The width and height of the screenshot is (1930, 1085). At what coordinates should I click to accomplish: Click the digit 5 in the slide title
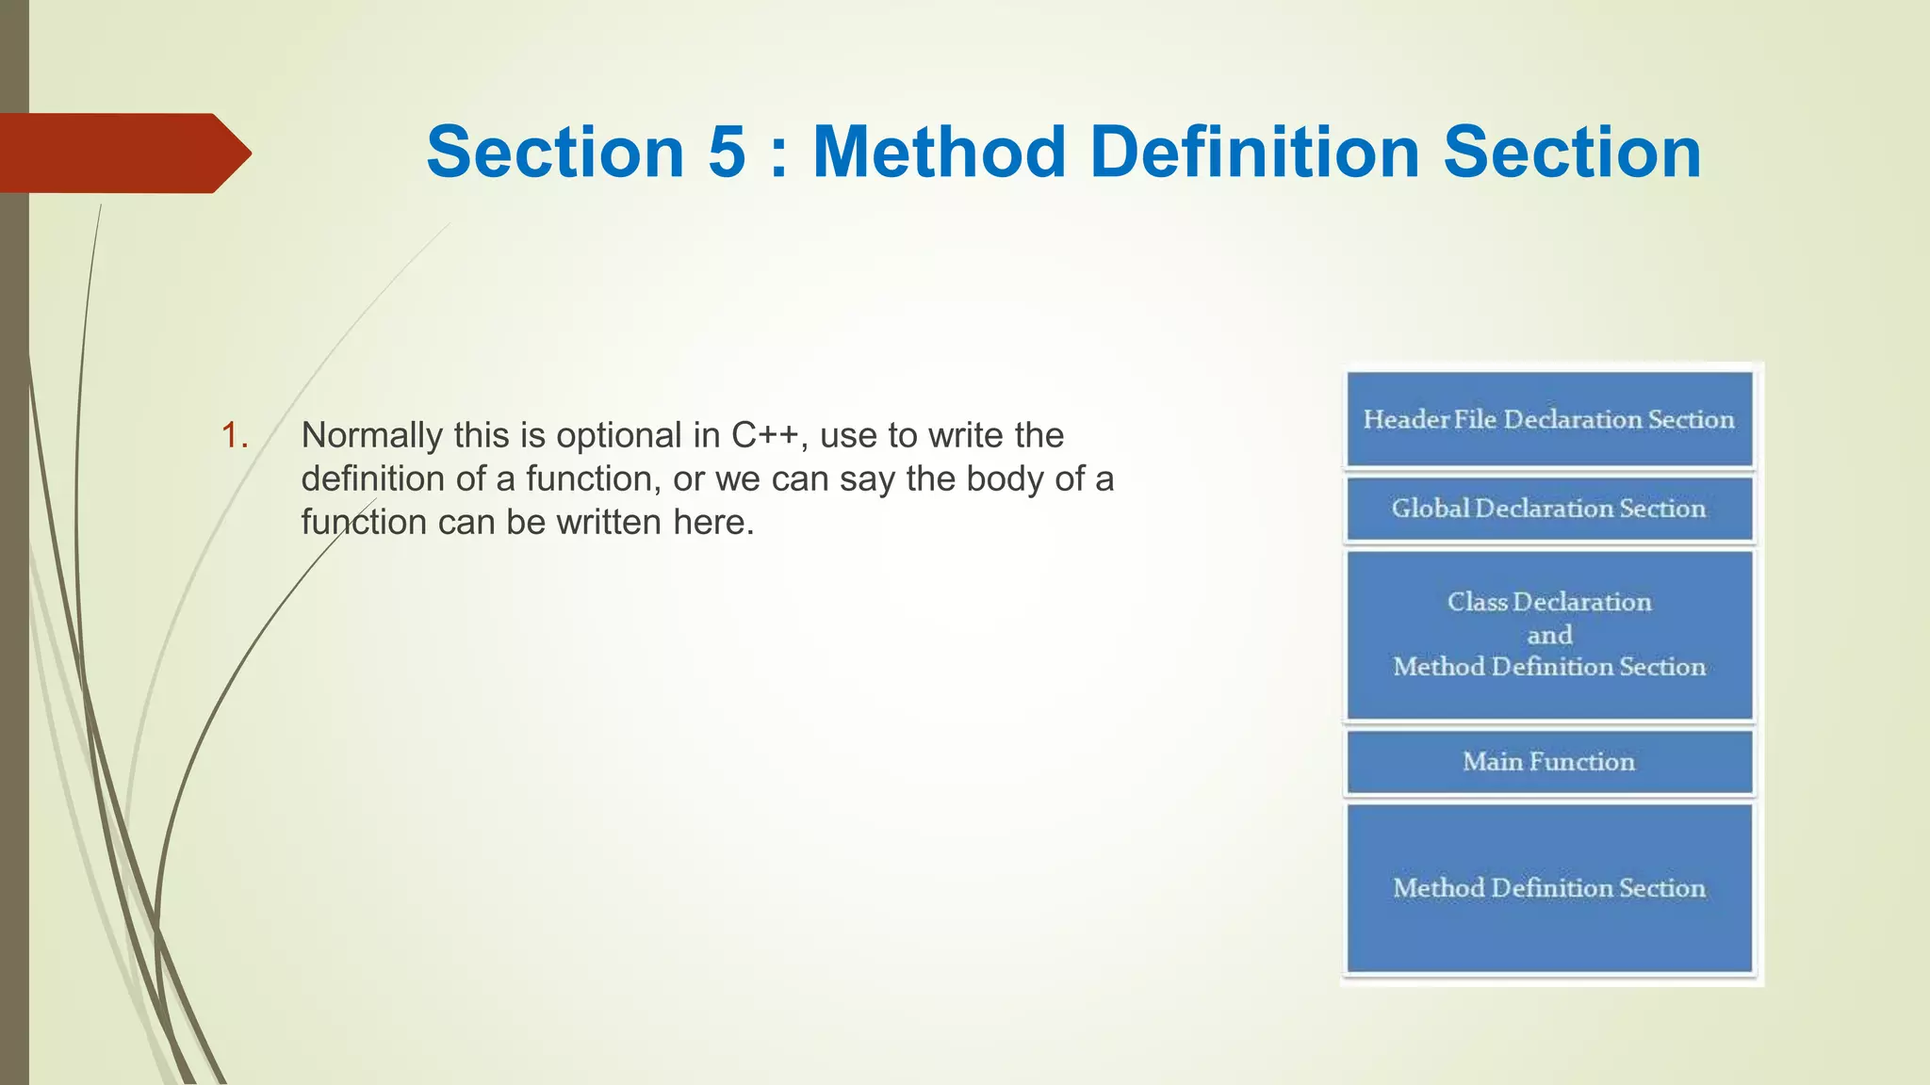point(727,153)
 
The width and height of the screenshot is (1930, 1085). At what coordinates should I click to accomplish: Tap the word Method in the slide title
point(939,153)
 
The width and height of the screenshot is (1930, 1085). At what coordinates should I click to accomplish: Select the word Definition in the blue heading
point(1254,153)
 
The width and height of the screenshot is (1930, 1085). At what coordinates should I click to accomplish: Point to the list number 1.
point(234,436)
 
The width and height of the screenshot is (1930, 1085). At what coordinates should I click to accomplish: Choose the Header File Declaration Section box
point(1549,419)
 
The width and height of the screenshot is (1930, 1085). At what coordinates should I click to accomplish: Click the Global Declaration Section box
point(1549,509)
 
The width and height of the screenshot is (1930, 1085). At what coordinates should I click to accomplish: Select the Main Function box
point(1549,762)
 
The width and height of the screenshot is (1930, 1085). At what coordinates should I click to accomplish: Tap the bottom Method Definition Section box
point(1549,887)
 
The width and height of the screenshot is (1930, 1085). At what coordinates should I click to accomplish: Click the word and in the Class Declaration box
point(1549,636)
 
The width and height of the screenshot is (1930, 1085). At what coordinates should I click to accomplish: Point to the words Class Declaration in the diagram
point(1549,603)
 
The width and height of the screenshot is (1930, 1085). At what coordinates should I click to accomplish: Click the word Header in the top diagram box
point(1405,420)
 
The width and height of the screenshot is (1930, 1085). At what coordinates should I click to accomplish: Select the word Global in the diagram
point(1431,509)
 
